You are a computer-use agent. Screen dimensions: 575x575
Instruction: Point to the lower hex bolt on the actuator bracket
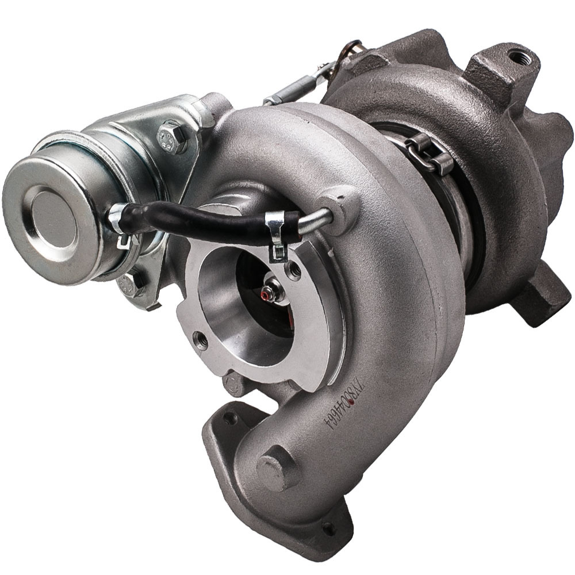[x=132, y=283]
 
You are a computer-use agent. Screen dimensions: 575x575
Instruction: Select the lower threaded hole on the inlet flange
[x=201, y=341]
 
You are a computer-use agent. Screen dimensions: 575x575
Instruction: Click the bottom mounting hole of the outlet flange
[x=329, y=527]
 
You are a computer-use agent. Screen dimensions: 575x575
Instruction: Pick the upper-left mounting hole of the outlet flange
[x=231, y=419]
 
